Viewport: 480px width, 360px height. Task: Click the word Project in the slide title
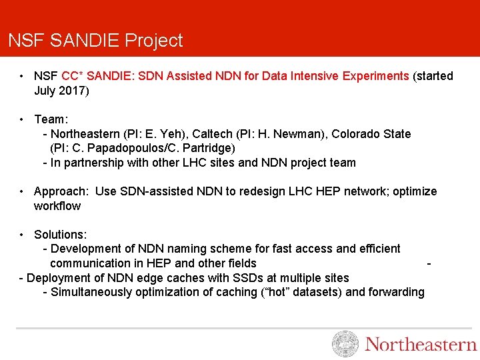coord(154,41)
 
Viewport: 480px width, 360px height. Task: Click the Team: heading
coord(51,119)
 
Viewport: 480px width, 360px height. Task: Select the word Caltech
coord(215,134)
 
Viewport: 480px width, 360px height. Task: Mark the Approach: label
coord(61,191)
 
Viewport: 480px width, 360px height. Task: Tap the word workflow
coord(57,206)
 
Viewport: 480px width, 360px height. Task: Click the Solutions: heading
coord(60,235)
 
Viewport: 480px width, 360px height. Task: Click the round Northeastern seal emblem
coord(345,344)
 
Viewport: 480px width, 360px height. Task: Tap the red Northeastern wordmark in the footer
coord(421,345)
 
